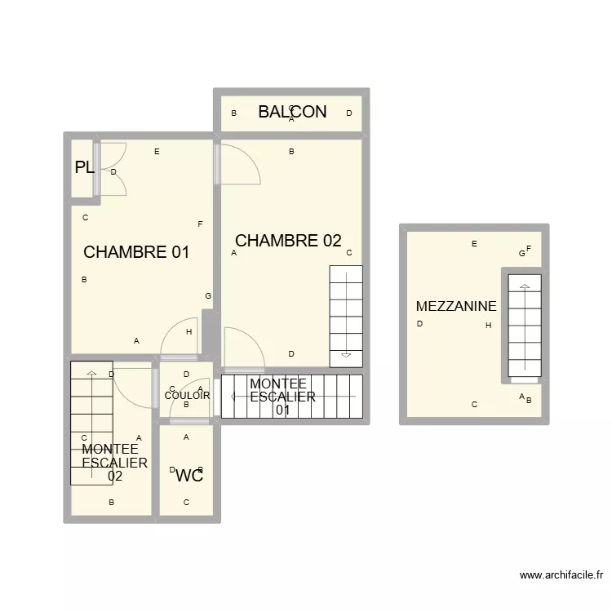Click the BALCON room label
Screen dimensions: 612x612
tap(292, 112)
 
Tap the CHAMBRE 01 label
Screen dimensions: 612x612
tap(136, 252)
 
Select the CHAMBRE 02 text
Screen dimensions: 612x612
tap(288, 241)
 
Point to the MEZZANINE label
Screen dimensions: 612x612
tap(456, 307)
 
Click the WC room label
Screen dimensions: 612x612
tap(189, 476)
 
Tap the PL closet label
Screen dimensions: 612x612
tap(84, 168)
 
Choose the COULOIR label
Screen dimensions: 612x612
tap(187, 396)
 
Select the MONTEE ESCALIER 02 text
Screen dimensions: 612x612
tap(115, 463)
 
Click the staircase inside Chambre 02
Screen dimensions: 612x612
tap(346, 316)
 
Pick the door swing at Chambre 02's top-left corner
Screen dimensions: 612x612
tap(239, 163)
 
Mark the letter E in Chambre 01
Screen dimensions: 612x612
tap(157, 152)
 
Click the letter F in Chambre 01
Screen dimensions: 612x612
tap(200, 224)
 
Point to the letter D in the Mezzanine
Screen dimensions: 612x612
tap(419, 324)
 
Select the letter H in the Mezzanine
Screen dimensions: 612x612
tap(488, 326)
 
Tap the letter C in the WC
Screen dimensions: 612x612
tap(186, 503)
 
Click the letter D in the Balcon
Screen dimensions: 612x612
tap(348, 113)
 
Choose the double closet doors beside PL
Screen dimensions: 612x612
tap(113, 170)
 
